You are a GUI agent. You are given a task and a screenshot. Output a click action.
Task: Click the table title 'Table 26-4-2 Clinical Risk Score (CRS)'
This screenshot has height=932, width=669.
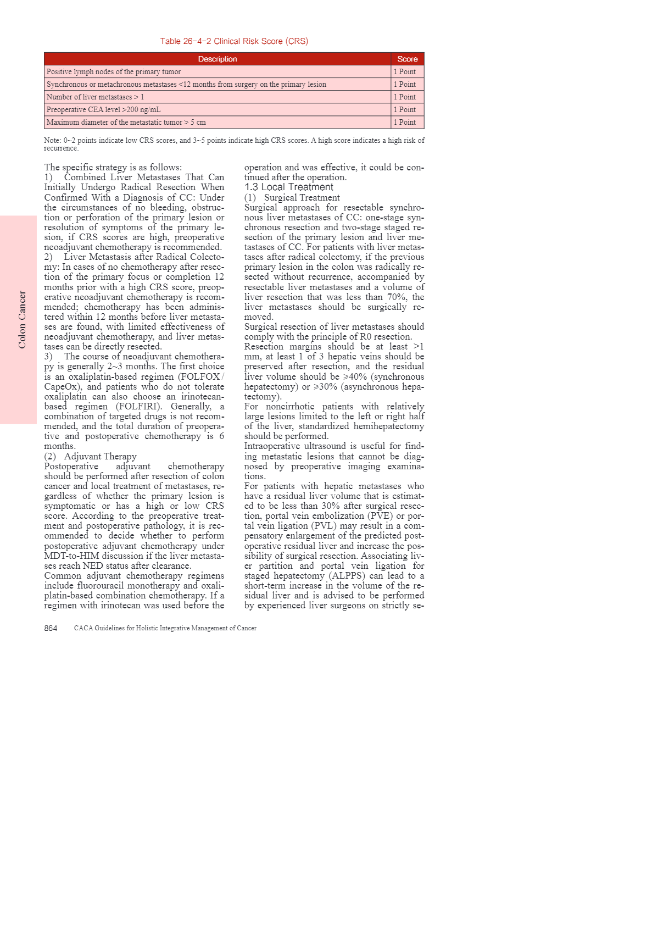pos(234,41)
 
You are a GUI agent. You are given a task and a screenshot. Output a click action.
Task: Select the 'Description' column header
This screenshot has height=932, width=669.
pos(218,59)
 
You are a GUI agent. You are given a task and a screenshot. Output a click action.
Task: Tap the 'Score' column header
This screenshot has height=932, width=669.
pos(408,59)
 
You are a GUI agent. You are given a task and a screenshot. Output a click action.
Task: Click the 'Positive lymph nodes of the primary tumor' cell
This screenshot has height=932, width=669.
pos(114,71)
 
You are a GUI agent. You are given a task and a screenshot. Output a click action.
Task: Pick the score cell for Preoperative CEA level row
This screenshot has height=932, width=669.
pos(405,109)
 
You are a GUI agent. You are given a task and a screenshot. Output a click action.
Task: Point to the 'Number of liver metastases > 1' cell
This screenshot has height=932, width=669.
pos(95,97)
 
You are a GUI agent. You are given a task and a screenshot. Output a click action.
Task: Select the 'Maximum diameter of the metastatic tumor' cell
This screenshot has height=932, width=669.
pos(126,122)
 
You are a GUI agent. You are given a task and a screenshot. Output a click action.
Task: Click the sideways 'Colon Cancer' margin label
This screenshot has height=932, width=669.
pos(22,319)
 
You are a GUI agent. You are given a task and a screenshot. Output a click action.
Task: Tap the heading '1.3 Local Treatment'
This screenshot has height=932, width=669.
pos(289,187)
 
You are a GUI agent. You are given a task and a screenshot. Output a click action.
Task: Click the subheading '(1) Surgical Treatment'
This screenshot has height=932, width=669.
pos(292,198)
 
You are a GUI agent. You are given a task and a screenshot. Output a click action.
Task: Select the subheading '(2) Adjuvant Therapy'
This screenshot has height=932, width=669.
pos(91,457)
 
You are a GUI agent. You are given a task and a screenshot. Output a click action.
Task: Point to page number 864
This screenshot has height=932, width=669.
pos(51,628)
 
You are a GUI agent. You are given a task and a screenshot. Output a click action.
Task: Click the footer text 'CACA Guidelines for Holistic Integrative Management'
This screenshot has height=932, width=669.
pos(165,628)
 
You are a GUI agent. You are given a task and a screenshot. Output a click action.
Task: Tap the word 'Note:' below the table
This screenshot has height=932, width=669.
pos(52,141)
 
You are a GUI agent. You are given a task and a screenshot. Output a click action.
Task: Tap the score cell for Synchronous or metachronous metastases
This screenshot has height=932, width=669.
pos(405,84)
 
